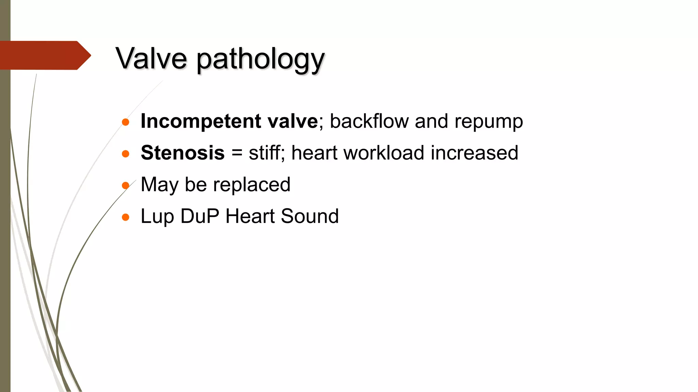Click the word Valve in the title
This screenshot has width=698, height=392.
coord(151,58)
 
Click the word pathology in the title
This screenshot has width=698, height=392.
coord(261,60)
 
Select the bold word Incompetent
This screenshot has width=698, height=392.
coord(201,121)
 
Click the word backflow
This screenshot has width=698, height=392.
coord(369,121)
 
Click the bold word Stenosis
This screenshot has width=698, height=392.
coord(183,153)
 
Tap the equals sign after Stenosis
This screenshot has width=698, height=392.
coord(237,153)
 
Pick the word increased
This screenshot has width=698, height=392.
coord(474,153)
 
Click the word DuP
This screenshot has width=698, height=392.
coord(200,216)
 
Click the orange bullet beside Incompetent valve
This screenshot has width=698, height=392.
coord(125,122)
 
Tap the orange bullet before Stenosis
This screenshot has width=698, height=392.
coord(125,154)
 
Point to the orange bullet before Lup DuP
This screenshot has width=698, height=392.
coord(125,217)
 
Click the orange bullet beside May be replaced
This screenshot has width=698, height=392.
coord(125,185)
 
